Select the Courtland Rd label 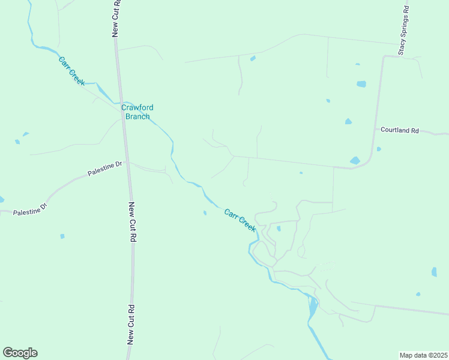(x=399, y=130)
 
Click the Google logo (x=20, y=353)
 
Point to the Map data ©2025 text (x=423, y=355)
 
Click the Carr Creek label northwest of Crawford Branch (x=71, y=70)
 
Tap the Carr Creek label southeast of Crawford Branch (x=240, y=220)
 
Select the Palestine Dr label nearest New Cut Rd (x=104, y=168)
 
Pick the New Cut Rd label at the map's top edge (x=116, y=18)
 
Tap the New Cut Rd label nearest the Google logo (x=131, y=324)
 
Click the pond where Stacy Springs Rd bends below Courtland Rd (x=355, y=161)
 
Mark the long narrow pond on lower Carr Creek (x=313, y=308)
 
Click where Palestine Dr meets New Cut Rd (x=128, y=163)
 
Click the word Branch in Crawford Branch (x=137, y=116)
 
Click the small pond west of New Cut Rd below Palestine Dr (x=62, y=236)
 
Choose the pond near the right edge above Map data (x=434, y=272)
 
